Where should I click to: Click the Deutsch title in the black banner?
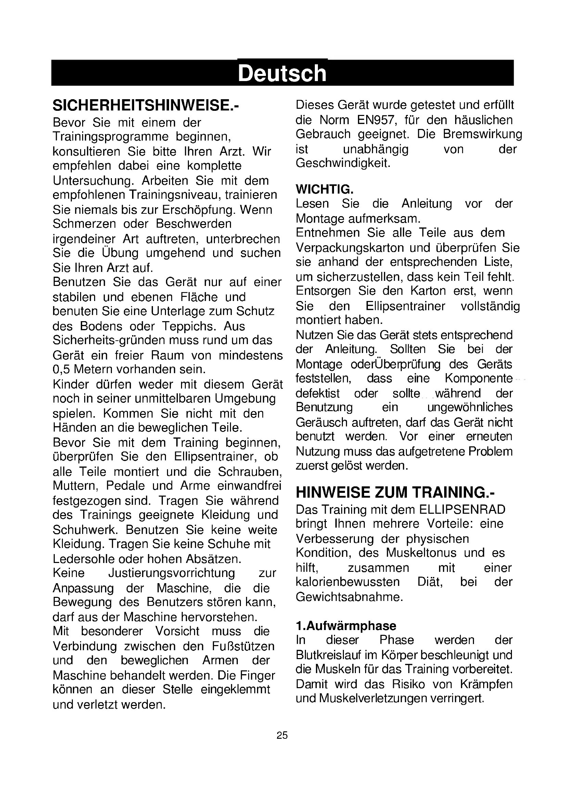tap(282, 73)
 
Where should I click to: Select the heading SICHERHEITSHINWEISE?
tap(146, 105)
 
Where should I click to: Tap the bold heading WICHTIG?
tap(324, 189)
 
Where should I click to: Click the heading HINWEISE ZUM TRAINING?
tap(395, 492)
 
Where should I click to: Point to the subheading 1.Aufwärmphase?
tap(346, 626)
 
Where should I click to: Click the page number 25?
tap(282, 735)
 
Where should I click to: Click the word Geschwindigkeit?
tap(343, 163)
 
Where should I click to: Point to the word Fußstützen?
tap(243, 646)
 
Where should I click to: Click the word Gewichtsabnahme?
tap(349, 597)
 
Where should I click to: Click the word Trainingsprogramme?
tap(111, 136)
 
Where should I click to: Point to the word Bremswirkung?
tap(483, 134)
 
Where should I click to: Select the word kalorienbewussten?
tap(347, 582)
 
